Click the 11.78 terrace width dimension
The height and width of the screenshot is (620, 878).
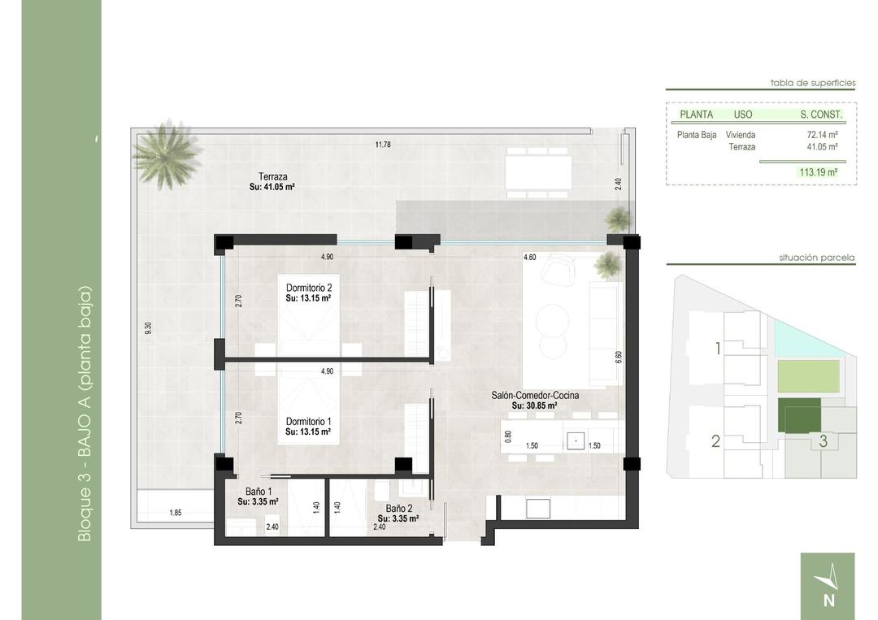pos(383,145)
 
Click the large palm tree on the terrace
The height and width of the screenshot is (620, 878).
pos(167,154)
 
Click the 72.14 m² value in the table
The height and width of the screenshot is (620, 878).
pos(822,135)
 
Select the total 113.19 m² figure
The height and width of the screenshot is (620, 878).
pos(818,172)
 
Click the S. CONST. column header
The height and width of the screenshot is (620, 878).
pos(820,115)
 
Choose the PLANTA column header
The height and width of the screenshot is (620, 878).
pos(696,115)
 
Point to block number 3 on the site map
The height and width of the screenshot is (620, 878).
pos(823,441)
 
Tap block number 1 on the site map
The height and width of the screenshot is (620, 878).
pos(717,349)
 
